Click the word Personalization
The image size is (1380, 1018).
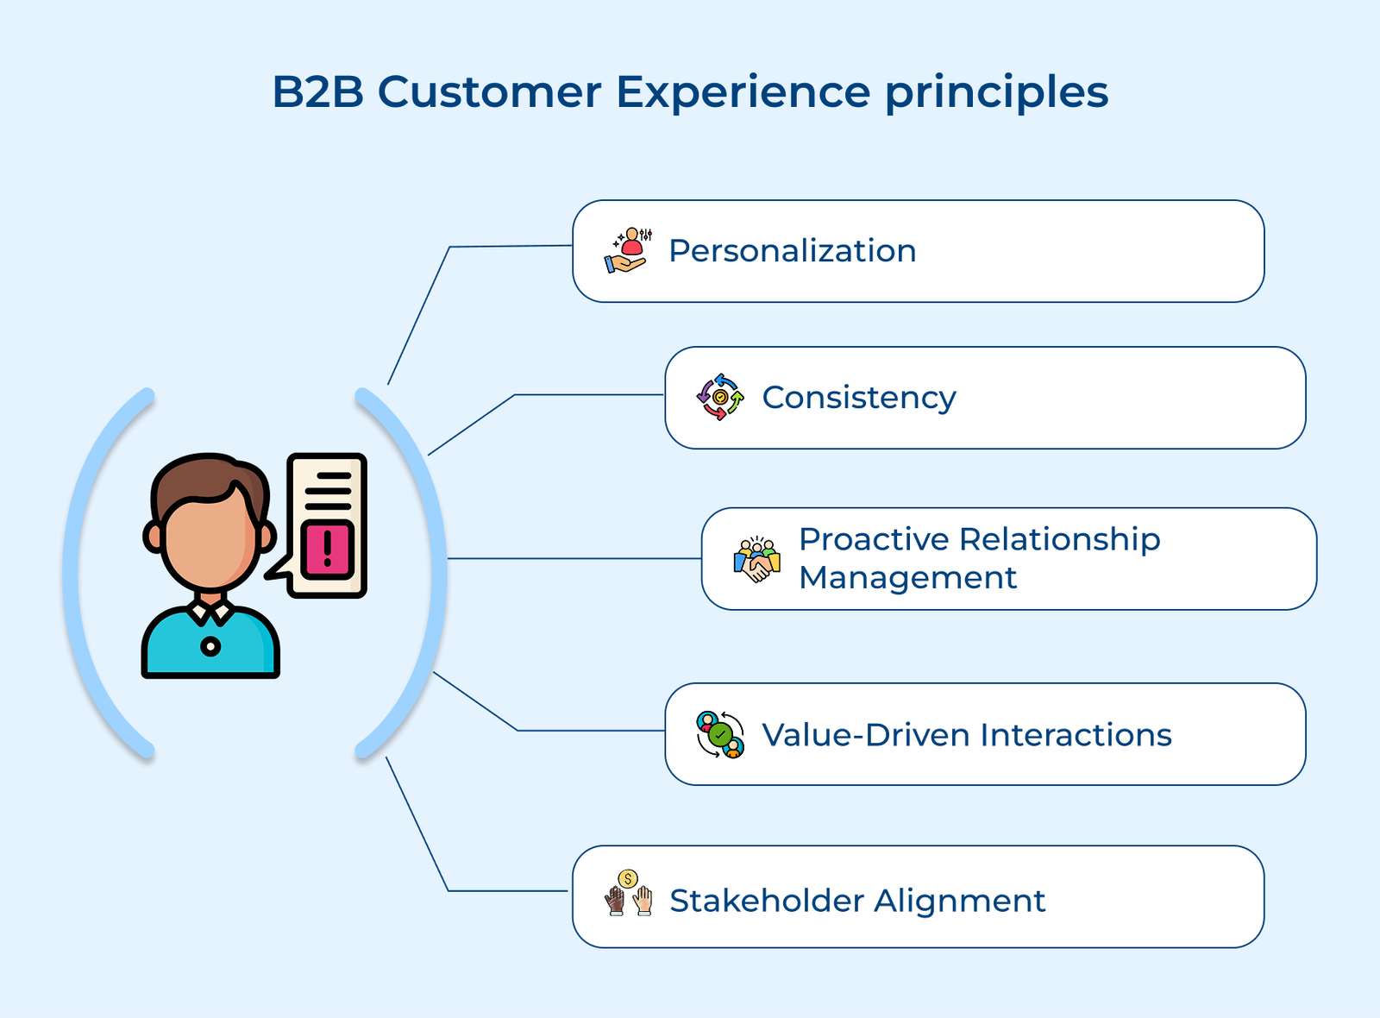[x=792, y=251]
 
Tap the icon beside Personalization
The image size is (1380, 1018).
[x=627, y=251]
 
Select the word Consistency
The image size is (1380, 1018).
[x=858, y=398]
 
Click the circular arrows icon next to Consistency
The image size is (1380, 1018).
[x=719, y=397]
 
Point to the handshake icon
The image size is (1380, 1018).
[x=756, y=560]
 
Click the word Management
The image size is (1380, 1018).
[x=907, y=578]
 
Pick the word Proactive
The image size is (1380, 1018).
[x=873, y=539]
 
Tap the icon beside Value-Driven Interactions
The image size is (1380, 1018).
[x=719, y=735]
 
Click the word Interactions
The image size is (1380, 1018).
[x=1076, y=735]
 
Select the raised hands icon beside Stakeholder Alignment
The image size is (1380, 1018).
[x=628, y=894]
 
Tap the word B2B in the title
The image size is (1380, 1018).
[x=317, y=91]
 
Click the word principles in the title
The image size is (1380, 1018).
[x=996, y=93]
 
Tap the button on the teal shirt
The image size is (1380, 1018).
[x=210, y=646]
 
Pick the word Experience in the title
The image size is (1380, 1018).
[x=743, y=91]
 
